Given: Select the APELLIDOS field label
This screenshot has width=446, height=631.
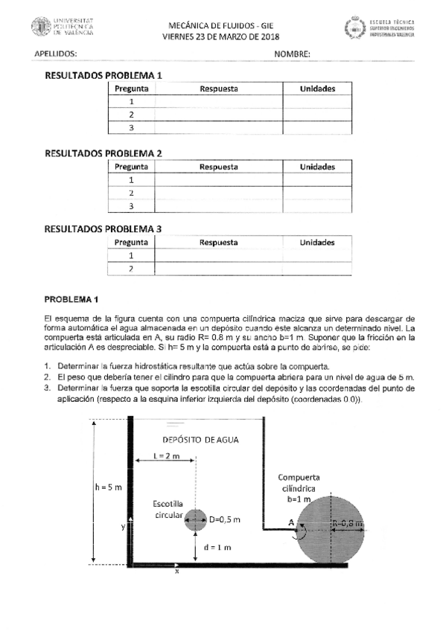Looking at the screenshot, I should (56, 54).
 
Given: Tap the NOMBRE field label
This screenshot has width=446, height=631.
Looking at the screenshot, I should (292, 54).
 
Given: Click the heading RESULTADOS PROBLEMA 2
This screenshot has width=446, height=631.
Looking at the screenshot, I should (103, 153).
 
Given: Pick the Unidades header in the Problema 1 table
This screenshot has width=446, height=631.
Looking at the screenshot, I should (317, 89).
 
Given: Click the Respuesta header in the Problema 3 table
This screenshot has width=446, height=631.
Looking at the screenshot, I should (218, 243).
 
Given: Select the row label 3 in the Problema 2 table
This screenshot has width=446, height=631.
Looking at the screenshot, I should (131, 205).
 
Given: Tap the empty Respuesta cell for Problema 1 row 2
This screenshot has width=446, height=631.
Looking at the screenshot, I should (218, 115).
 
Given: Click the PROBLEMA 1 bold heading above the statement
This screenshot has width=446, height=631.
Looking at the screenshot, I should (71, 299).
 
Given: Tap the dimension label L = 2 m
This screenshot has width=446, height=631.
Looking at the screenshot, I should (167, 456).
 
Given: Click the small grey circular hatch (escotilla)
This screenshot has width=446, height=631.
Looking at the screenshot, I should (196, 519).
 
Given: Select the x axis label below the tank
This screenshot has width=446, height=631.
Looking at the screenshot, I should (176, 571).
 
